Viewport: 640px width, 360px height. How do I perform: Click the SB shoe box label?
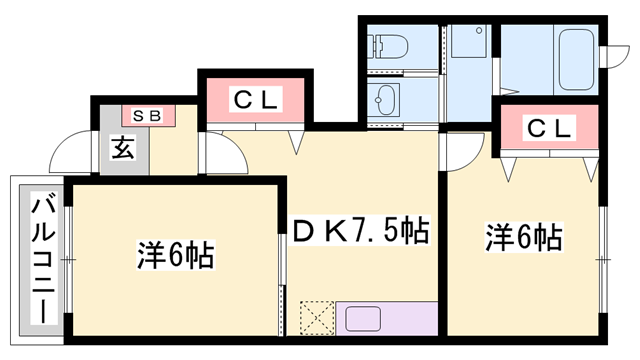click(148, 115)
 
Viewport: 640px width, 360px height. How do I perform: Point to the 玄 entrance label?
click(122, 149)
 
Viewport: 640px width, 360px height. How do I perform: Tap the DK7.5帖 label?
click(360, 232)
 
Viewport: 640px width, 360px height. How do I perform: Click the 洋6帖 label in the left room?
click(174, 255)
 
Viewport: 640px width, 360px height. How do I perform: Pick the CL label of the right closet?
click(549, 128)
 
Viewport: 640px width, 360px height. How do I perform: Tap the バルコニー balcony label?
click(41, 255)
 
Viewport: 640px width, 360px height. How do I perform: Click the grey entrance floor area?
click(123, 152)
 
